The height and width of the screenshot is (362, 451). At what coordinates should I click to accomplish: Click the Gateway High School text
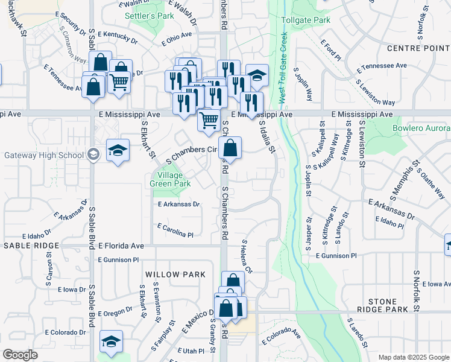pos(43,155)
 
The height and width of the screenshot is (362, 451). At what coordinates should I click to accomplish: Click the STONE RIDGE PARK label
pos(389,306)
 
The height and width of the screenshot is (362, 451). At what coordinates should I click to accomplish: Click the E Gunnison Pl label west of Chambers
pos(118,259)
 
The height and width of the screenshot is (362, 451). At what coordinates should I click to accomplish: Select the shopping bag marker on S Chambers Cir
pos(230,148)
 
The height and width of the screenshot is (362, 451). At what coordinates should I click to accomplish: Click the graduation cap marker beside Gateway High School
pos(118,151)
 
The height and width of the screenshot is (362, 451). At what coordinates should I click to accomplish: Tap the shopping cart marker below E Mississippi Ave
pos(209,120)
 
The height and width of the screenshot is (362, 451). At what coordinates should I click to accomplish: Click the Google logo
pos(20,355)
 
